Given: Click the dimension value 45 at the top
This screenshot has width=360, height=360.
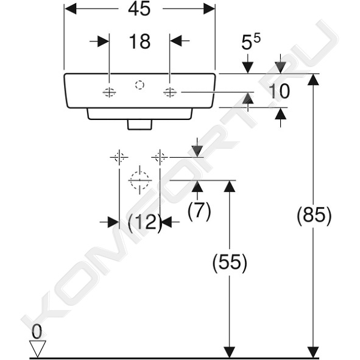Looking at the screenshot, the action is coord(139,9).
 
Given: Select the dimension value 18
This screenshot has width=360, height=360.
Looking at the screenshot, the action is coord(139,41).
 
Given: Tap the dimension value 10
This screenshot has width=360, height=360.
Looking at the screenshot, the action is coord(279,91).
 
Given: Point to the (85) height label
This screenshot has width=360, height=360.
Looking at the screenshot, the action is coord(314,216).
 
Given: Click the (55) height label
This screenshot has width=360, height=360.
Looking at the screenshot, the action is coord(230,263).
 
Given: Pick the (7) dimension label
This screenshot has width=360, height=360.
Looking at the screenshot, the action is coord(199,211).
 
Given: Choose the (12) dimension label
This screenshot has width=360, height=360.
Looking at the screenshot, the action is coord(144,222).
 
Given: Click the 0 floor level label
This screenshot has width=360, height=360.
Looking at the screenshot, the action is coord(37,332).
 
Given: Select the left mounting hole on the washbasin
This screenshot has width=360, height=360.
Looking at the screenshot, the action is coord(109,93).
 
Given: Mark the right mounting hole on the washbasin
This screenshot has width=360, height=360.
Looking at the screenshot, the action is coord(170,93).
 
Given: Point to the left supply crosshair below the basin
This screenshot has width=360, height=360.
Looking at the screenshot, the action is coord(119,157).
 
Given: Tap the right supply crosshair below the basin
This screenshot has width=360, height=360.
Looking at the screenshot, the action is coord(160,157).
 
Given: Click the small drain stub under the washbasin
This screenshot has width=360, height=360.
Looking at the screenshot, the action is coord(139,125).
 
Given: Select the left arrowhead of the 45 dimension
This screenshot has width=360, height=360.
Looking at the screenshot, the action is coord(70,9).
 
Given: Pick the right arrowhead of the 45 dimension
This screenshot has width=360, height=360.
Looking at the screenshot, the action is coord(209,9).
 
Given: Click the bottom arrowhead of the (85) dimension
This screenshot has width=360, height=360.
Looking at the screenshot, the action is coord(313,351).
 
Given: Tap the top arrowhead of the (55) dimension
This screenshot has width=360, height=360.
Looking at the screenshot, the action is coord(230,186).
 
